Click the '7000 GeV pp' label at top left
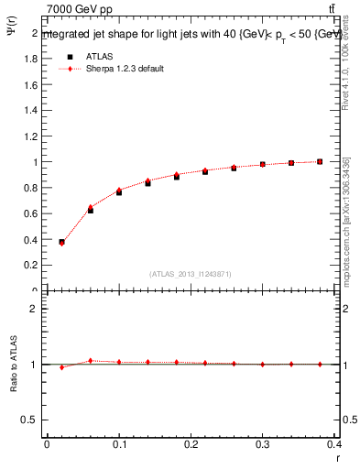[x=80, y=9]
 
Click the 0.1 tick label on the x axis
[x=119, y=446]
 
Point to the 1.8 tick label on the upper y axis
[x=30, y=59]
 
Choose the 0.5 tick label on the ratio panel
[x=30, y=420]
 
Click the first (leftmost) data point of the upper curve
[x=61, y=243]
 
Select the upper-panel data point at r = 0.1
[x=119, y=191]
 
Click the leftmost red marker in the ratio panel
[x=61, y=367]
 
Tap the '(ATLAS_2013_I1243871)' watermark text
[x=191, y=274]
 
